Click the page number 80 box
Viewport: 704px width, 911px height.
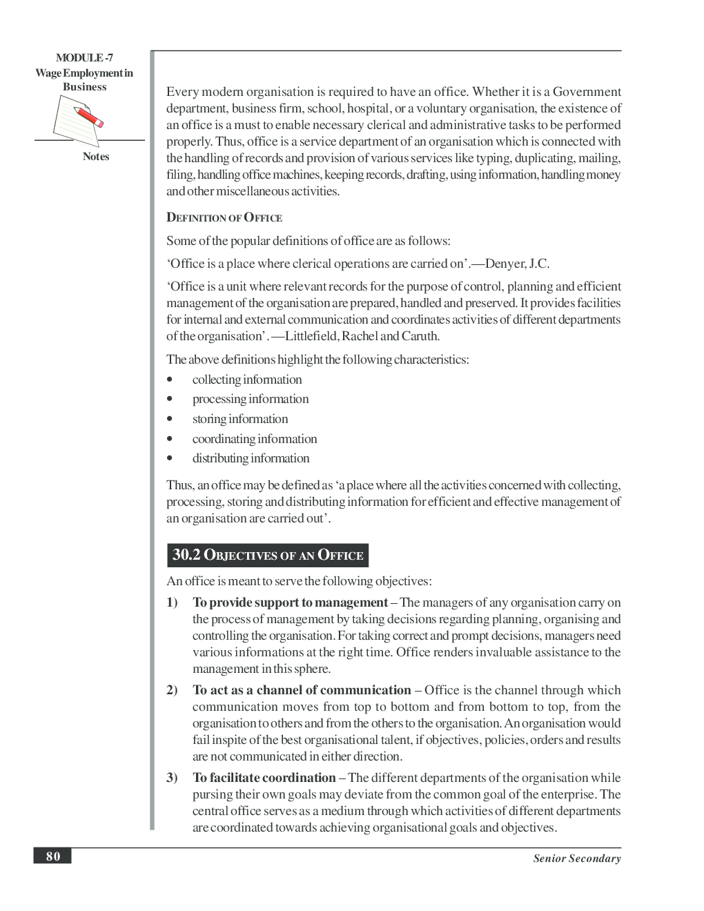tap(52, 856)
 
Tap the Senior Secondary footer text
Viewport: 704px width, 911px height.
tap(576, 859)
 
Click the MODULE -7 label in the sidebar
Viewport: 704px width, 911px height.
tap(84, 58)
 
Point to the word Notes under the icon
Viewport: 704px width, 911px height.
tap(96, 157)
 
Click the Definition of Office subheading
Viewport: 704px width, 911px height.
tap(224, 218)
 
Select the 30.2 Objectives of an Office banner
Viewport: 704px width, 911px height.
tap(268, 555)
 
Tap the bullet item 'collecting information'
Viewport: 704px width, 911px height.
tap(246, 380)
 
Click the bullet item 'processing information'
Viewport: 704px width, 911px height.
tap(250, 399)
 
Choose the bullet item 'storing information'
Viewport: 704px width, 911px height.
tap(239, 419)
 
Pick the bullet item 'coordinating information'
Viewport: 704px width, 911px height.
tap(254, 439)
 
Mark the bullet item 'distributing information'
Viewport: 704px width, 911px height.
tap(251, 458)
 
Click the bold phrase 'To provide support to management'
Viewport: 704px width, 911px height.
tap(290, 603)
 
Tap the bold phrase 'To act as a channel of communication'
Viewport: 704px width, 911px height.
tap(302, 690)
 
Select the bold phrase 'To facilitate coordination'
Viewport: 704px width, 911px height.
tap(264, 778)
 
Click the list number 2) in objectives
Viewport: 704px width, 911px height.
tap(172, 690)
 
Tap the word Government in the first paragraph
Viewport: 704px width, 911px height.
tap(587, 92)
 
